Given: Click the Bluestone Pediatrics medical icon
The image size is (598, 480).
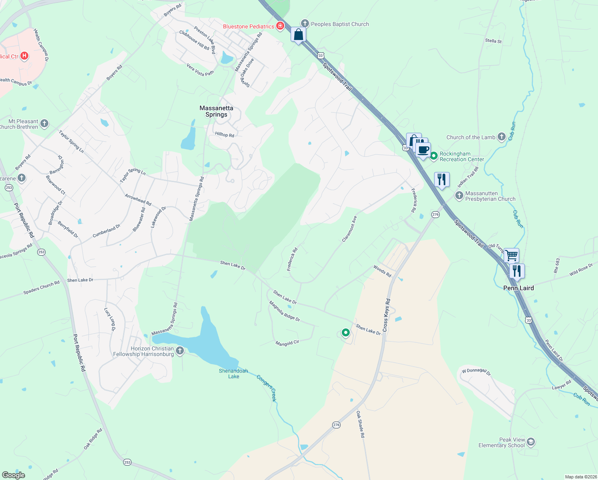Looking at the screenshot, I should [280, 26].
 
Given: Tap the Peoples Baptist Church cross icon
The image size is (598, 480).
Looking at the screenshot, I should [305, 24].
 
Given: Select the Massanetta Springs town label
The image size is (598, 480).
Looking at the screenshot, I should [216, 111].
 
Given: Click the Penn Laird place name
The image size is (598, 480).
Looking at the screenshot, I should [518, 288].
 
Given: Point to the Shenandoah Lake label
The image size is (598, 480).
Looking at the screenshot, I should [233, 374].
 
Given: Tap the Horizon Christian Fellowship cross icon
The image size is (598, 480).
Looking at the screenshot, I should [180, 351].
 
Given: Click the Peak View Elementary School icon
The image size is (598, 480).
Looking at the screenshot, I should [531, 442].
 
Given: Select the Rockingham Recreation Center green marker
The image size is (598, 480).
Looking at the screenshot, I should [434, 155].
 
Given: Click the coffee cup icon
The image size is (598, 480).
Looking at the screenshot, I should [423, 150].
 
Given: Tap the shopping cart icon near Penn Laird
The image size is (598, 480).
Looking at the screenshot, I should [511, 255].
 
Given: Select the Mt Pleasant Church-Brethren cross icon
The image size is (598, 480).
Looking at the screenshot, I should [44, 124].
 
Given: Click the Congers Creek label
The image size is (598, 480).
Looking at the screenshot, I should [266, 388].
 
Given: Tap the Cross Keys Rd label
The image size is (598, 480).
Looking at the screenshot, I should [386, 315].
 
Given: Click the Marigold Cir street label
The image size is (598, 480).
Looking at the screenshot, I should [287, 343].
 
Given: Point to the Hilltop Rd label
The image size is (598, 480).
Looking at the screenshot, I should [224, 135].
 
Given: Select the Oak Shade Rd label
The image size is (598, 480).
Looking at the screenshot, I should [360, 424].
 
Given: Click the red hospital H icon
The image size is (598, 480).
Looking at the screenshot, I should [24, 56].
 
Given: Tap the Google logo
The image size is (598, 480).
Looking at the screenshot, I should [13, 475].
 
